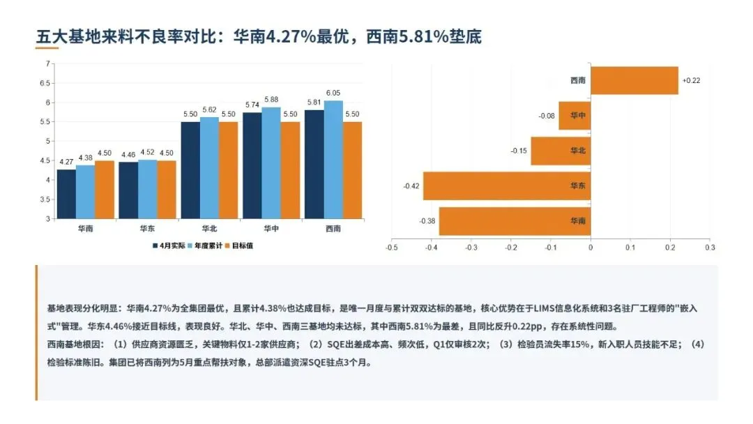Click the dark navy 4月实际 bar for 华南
coord(66,194)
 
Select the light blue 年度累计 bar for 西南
coord(333,160)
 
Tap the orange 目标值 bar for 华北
coord(228,170)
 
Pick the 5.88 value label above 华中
coord(271,100)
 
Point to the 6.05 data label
coord(333,93)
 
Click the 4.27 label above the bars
coord(66,162)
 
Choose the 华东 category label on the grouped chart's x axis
coord(147,229)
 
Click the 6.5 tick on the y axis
coord(45,83)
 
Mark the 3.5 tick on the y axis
coord(45,199)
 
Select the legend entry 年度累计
coord(205,246)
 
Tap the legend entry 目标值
coord(239,246)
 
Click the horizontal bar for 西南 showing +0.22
coord(634,81)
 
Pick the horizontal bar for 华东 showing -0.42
coord(507,185)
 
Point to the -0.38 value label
coord(427,221)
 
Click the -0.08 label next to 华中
coord(547,116)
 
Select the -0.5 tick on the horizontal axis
coord(391,248)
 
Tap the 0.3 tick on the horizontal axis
coord(710,248)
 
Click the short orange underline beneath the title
coord(47,47)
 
